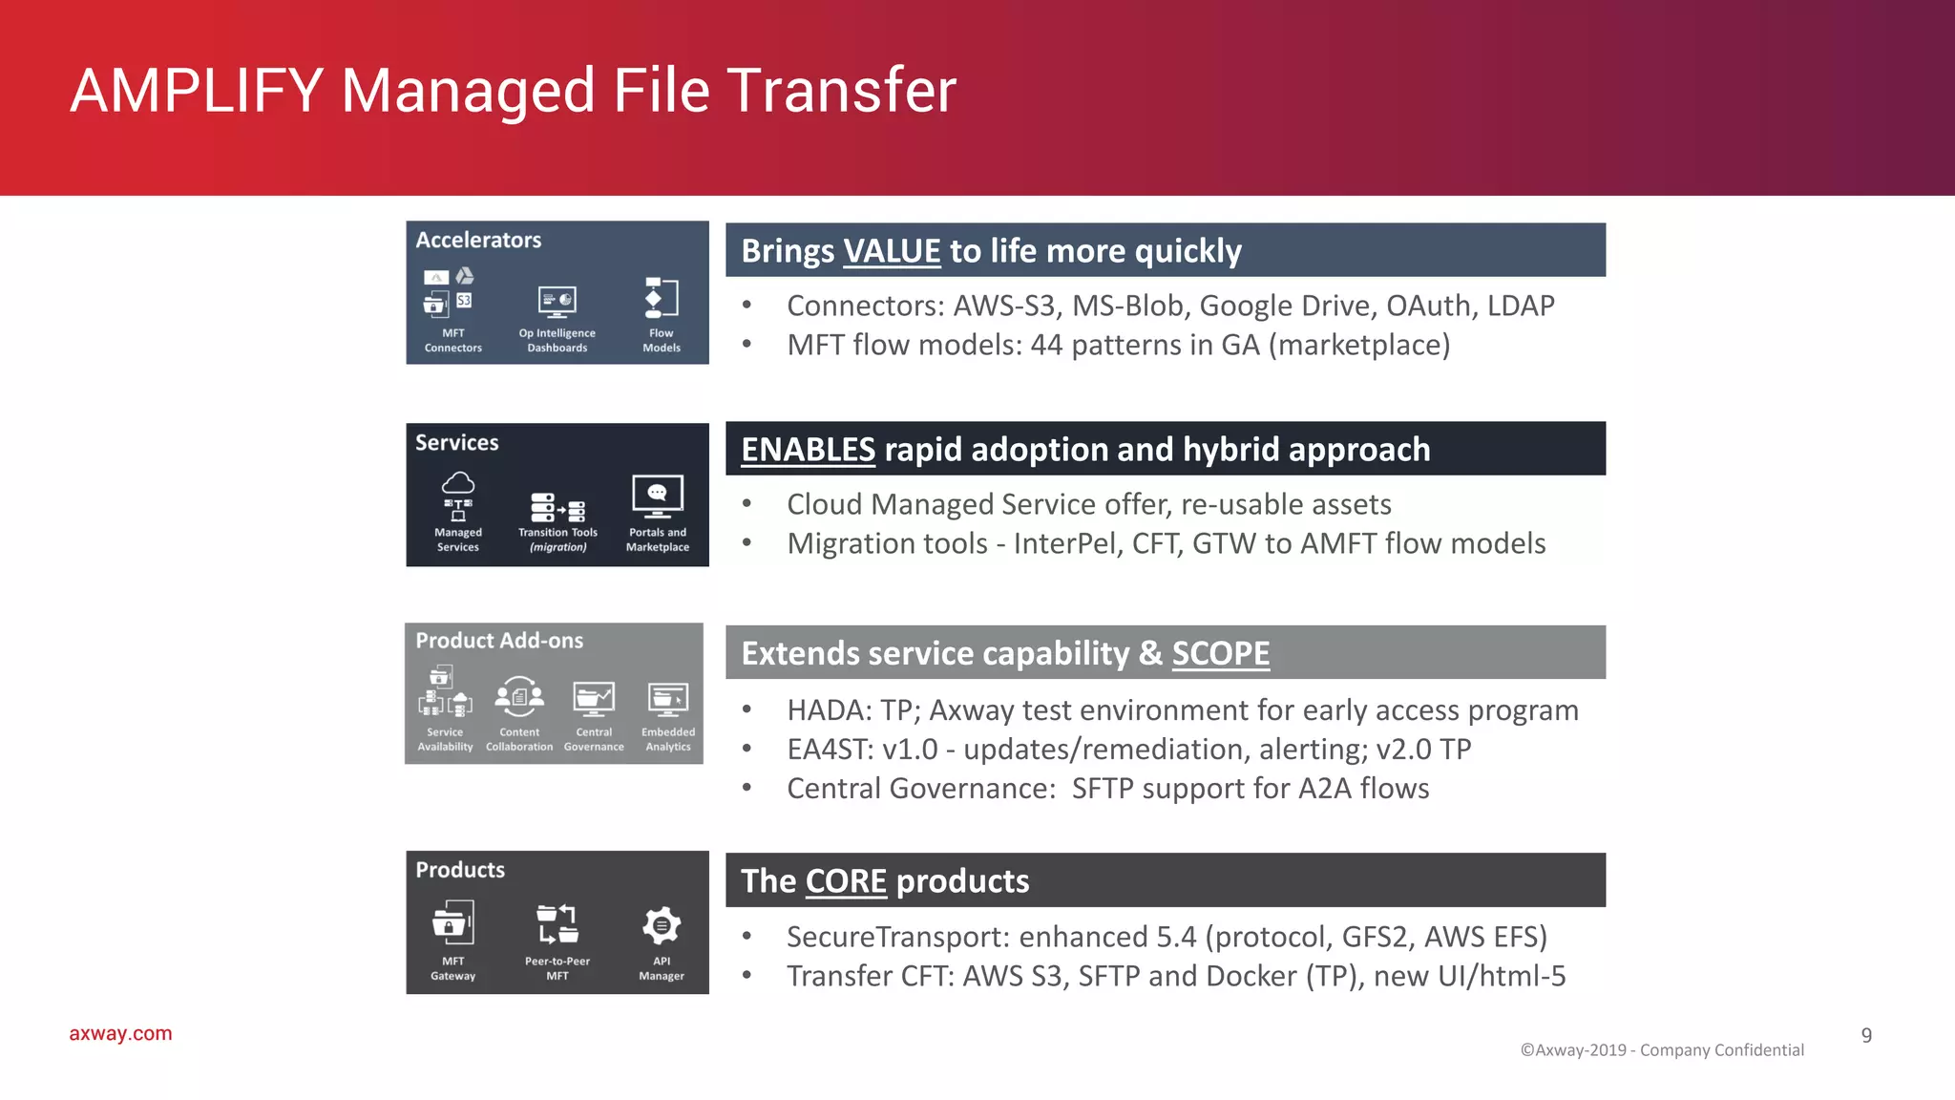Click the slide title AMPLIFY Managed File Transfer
coord(513,91)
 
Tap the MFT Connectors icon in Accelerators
coord(449,292)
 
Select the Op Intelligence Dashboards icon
coord(557,302)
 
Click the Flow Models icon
coord(662,298)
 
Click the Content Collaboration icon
coord(519,697)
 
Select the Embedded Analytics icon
coord(668,699)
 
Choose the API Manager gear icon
coord(662,925)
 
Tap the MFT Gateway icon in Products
coord(452,923)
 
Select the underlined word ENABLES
coord(808,450)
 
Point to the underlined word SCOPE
coord(1220,653)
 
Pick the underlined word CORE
coord(846,881)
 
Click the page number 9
coord(1866,1035)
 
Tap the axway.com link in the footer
coord(120,1033)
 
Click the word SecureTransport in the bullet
coord(895,937)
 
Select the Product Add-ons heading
coord(499,641)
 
